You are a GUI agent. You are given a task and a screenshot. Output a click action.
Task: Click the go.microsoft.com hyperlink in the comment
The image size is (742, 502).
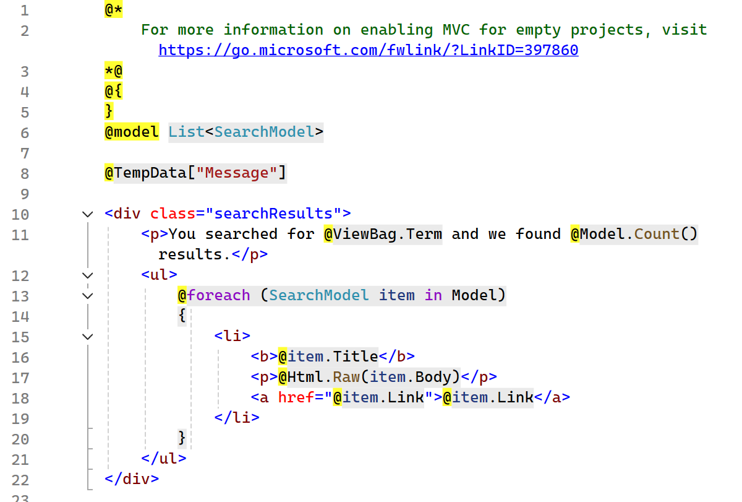coord(368,50)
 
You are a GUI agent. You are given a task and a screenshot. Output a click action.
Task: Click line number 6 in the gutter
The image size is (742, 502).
coord(24,132)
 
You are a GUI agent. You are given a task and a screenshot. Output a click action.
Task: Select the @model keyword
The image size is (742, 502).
coord(131,132)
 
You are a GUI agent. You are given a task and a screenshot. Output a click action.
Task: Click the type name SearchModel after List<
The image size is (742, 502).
coord(264,132)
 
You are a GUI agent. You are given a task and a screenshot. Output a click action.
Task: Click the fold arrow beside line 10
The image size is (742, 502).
coord(87,214)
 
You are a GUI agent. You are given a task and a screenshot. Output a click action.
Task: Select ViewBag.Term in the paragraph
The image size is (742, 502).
coord(387,234)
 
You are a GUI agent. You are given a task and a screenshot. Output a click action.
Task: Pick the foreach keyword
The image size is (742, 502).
coord(218,295)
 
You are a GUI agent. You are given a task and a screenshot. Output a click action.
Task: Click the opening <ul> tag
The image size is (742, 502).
coord(159,275)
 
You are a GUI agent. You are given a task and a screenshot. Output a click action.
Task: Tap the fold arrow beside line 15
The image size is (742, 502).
coord(87,337)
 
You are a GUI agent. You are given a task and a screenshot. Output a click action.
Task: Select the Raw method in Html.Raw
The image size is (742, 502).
coord(346,377)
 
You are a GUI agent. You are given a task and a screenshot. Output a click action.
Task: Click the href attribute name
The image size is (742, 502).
coord(296,397)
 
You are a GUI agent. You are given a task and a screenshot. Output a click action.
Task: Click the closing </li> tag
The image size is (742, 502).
coord(237,418)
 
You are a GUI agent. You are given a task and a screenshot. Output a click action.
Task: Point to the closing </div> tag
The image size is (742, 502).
coord(132,478)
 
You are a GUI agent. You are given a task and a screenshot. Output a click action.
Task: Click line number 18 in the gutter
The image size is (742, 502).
coord(20,397)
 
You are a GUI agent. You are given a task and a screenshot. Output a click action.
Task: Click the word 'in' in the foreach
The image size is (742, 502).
coord(433,295)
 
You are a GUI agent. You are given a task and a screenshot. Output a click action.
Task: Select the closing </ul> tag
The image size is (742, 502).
coord(163,459)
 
